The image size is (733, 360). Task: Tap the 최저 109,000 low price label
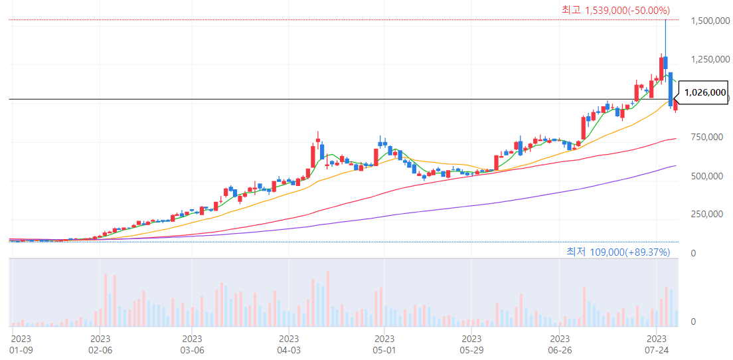(x=618, y=252)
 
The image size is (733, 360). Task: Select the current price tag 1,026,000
(x=704, y=93)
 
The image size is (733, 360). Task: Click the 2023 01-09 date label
(x=21, y=344)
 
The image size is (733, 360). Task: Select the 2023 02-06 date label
(x=100, y=344)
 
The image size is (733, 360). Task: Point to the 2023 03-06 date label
(x=192, y=344)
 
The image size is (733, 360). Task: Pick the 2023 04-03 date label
(x=289, y=344)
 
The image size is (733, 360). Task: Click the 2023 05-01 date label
(x=384, y=344)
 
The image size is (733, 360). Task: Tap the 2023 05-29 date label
(x=471, y=344)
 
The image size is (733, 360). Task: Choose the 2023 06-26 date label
(x=560, y=344)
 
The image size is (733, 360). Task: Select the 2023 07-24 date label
(x=656, y=344)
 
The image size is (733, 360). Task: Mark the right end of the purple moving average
(x=675, y=165)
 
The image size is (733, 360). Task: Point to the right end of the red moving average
(x=675, y=139)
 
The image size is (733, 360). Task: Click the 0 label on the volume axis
(x=693, y=322)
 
